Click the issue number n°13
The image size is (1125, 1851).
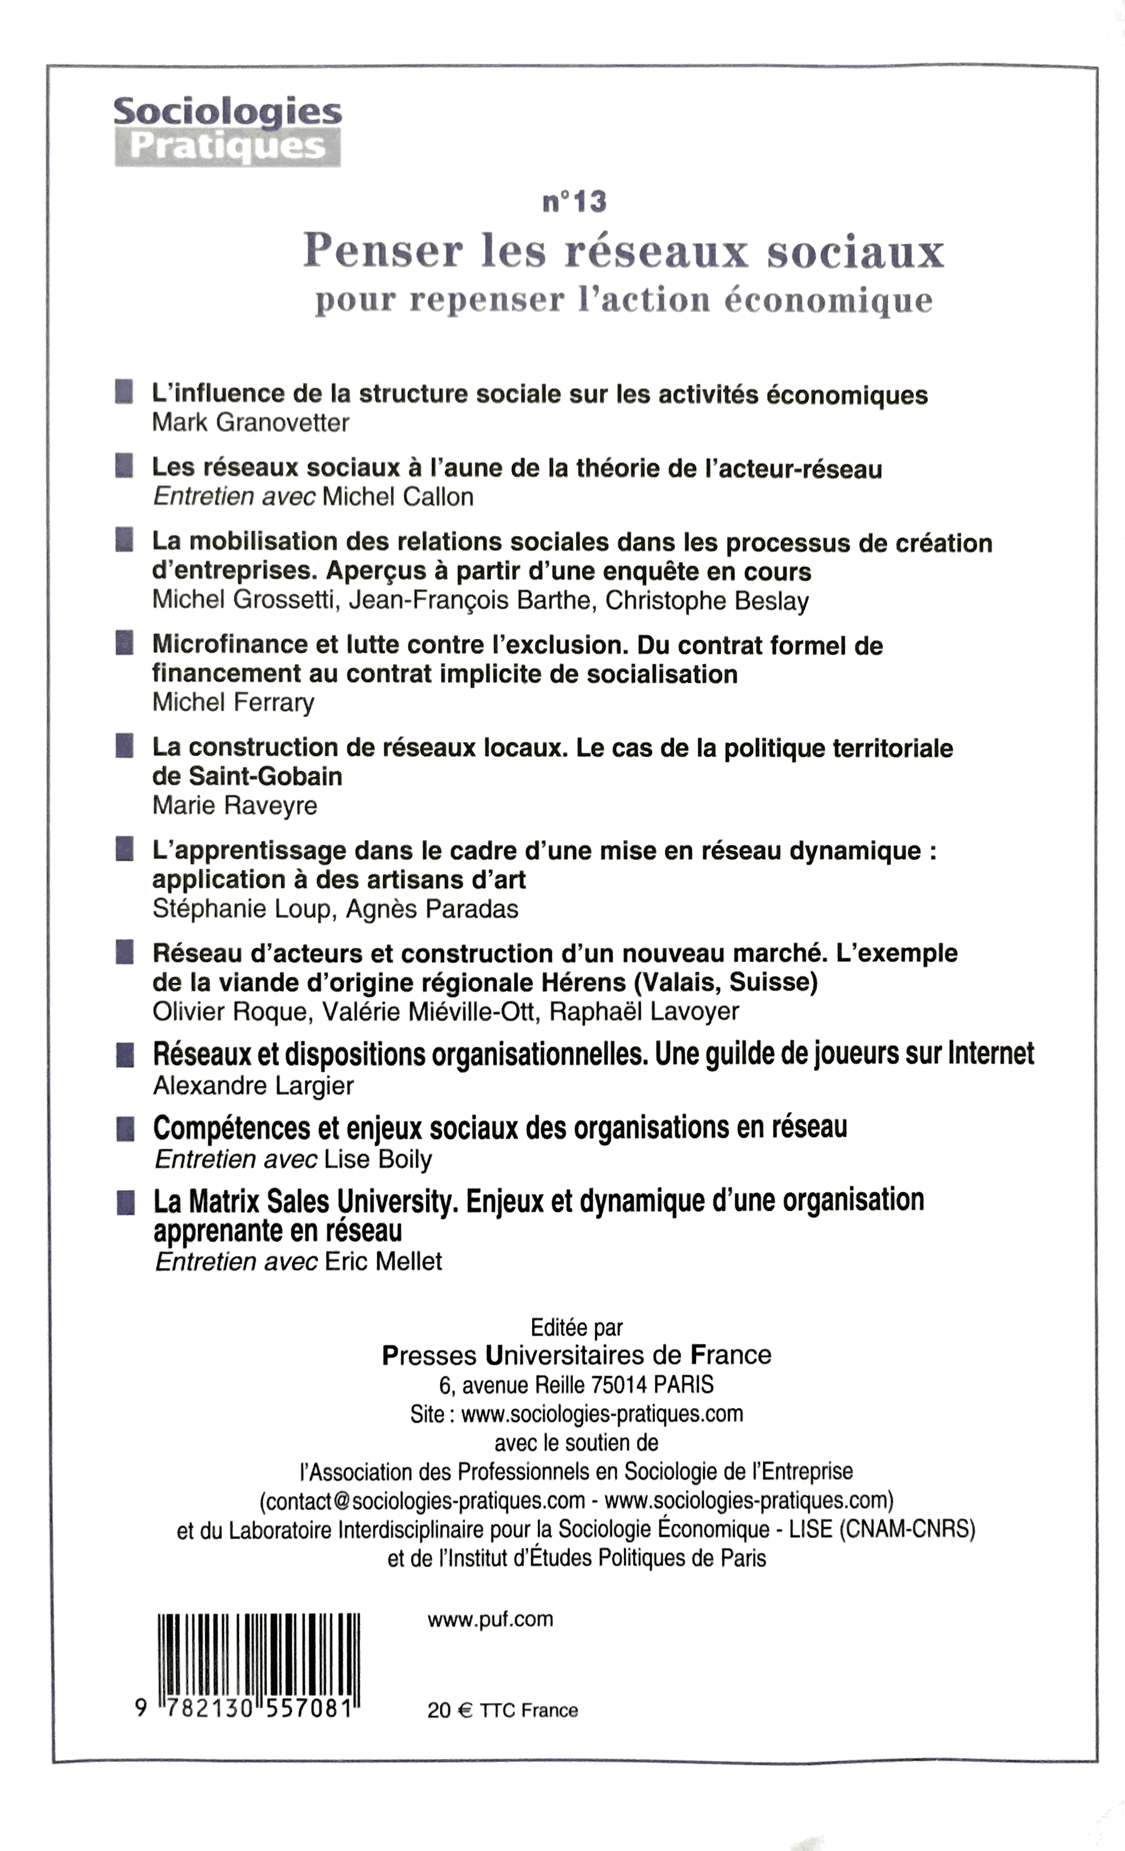coord(574,201)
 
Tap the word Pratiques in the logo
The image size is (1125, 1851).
coord(227,147)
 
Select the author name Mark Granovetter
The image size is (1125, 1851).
coord(250,423)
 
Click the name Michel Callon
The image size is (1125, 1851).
coord(398,497)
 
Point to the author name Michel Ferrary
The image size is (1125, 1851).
coord(233,703)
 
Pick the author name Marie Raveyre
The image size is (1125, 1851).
coord(235,806)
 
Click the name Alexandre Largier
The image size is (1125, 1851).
coord(252,1086)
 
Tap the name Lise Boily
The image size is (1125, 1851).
coord(378,1160)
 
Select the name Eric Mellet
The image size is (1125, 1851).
coord(382,1261)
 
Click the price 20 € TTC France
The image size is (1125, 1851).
coord(502,1710)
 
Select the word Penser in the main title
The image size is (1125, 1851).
coord(383,251)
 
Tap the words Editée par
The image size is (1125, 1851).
coord(576,1328)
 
